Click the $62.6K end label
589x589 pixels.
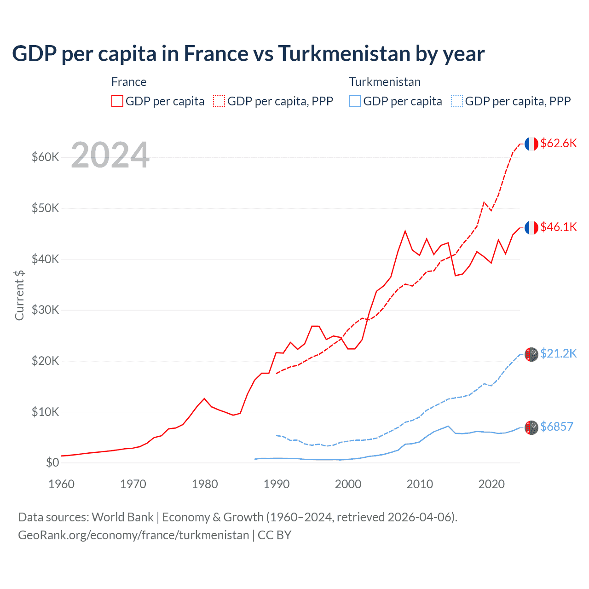coord(558,143)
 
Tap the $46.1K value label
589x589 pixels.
coord(558,227)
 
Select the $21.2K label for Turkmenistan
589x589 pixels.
coord(558,353)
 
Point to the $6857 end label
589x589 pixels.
coord(556,427)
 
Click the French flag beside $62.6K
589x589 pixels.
coord(531,144)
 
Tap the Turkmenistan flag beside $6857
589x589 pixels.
coord(531,427)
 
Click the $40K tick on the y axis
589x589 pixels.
coord(45,259)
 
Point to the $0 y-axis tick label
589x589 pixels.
coord(52,462)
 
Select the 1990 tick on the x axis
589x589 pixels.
coord(277,484)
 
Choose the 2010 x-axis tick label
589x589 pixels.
coord(420,484)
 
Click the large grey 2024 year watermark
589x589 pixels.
coord(110,155)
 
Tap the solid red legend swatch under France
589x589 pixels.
coord(117,101)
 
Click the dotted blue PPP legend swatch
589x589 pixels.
coord(457,101)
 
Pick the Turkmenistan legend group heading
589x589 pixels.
coord(385,82)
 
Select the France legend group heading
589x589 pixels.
coord(129,82)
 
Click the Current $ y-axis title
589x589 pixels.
coord(19,295)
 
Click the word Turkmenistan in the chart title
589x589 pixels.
coord(344,54)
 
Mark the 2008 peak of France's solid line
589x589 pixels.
coord(405,231)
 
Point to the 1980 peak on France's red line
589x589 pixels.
coord(204,398)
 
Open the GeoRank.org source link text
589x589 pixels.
coord(133,535)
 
